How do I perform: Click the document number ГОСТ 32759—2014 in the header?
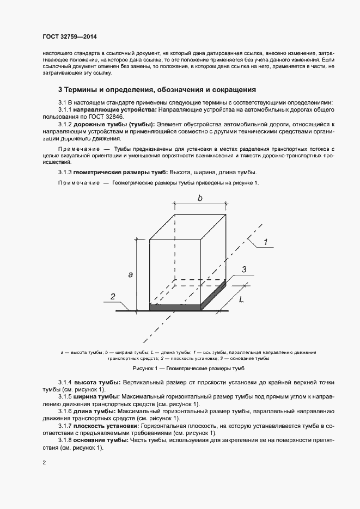70,36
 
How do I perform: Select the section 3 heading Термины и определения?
157,89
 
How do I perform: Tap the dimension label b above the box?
200,198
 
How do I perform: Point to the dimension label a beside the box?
131,274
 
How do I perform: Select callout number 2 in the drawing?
113,296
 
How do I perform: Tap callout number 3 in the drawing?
244,269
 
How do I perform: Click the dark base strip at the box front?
175,308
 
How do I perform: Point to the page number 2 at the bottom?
44,463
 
